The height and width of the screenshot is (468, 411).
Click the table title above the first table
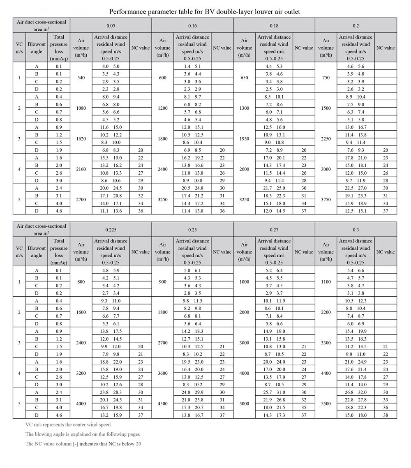205,12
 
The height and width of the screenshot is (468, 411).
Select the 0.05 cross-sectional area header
111,25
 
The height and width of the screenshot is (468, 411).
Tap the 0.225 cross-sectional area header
111,230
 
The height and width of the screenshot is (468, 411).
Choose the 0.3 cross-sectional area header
356,230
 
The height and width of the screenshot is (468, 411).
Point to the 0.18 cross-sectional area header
274,25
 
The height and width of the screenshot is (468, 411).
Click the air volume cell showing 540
81,78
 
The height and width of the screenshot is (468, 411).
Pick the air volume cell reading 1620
81,138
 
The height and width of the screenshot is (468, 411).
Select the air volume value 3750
326,199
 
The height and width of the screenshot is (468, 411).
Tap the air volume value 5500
326,403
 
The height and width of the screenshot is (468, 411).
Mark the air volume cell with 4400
326,373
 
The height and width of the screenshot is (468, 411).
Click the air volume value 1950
244,138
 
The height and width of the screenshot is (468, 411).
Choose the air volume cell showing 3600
163,373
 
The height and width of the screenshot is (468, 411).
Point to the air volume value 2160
81,169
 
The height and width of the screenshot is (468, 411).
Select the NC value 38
386,415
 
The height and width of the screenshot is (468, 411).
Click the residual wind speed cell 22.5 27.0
356,188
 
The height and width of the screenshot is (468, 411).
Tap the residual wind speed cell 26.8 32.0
356,392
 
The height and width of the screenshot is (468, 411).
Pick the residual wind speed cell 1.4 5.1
192,67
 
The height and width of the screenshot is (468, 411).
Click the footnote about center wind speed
68,424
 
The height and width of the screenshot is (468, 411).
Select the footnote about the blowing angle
82,434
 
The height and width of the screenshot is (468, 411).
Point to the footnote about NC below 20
83,444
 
